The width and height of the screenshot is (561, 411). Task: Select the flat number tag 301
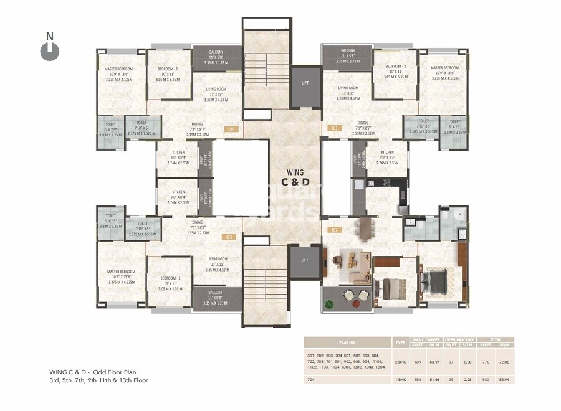tap(334, 129)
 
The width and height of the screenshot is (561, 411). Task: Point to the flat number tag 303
tap(229, 237)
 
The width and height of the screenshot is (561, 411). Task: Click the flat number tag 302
tap(334, 230)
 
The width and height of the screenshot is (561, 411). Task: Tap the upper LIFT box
tap(305, 82)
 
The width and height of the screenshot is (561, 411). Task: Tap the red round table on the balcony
tap(357, 303)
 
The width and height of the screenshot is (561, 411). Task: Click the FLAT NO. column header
tap(347, 342)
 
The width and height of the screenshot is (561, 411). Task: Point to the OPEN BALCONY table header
tap(461, 339)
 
